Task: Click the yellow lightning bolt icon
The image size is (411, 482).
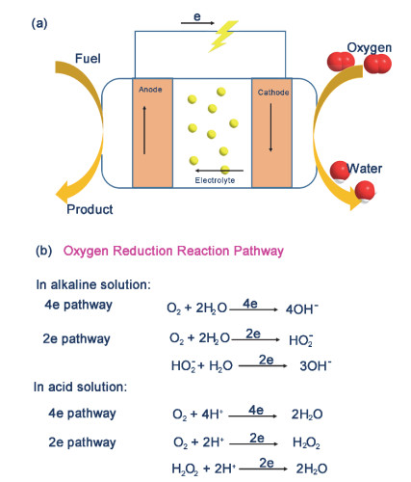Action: (x=223, y=36)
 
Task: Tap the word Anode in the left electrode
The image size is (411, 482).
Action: (x=150, y=90)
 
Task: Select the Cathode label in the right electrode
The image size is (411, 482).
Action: (x=273, y=93)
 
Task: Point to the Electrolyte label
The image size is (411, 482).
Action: (x=215, y=180)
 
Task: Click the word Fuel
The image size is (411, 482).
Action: (x=88, y=59)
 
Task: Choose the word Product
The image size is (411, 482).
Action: (x=90, y=209)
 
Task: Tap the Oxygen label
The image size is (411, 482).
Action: (x=370, y=48)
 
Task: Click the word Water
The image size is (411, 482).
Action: (x=365, y=169)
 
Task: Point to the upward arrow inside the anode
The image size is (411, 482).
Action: (x=144, y=130)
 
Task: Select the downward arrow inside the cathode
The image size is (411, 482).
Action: (x=270, y=127)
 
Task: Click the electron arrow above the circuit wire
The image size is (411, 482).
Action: (x=197, y=23)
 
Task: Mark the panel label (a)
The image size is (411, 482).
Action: (x=39, y=24)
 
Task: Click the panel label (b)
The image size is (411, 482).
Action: (x=44, y=251)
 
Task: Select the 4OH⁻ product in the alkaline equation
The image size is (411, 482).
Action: (x=302, y=308)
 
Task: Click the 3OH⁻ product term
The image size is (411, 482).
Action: (x=316, y=365)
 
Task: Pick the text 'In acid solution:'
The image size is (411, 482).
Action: (x=81, y=387)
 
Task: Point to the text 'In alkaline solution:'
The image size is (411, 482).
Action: (x=93, y=284)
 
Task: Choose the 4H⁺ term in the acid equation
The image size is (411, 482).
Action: (x=213, y=414)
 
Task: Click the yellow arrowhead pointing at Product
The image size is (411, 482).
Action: (x=64, y=192)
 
